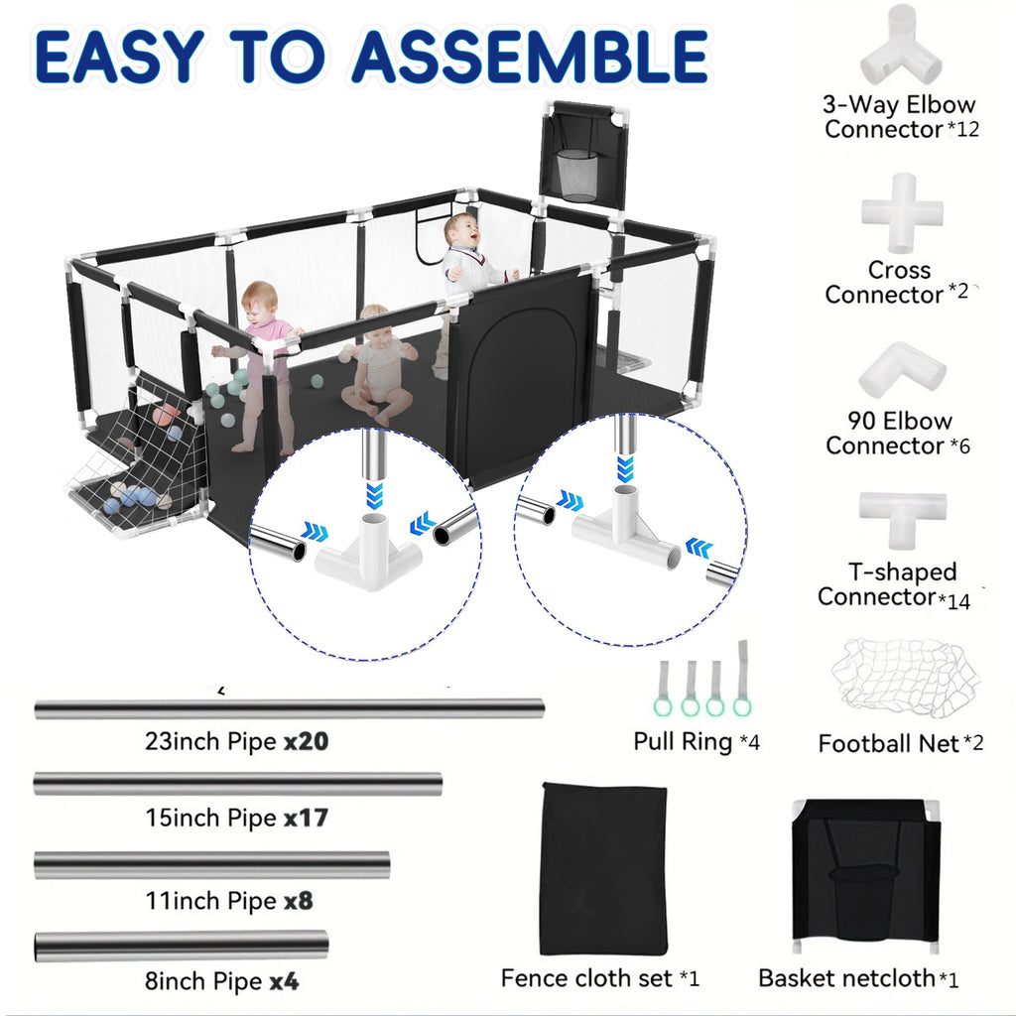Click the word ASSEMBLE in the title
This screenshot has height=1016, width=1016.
tap(530, 56)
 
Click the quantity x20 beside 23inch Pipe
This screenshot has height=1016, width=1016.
tap(307, 741)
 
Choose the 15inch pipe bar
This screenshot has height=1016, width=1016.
tap(238, 784)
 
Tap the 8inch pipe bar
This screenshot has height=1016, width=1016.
tap(182, 946)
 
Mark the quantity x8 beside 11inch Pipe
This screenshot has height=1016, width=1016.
tap(298, 901)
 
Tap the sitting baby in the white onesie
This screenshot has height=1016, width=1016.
tap(379, 366)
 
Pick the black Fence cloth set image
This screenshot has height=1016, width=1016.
tap(604, 868)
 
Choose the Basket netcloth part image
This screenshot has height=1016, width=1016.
tap(865, 876)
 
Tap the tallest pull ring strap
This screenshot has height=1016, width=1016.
tap(742, 678)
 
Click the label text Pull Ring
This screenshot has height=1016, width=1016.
tap(683, 742)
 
